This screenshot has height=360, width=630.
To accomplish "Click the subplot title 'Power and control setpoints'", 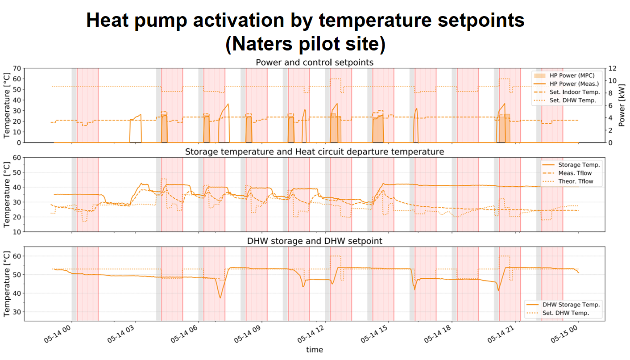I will [x=315, y=63].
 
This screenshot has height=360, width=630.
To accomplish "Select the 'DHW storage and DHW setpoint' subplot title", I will [x=315, y=241].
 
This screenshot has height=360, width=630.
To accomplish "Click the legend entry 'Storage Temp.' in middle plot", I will [x=579, y=165].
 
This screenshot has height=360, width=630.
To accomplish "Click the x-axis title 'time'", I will [x=315, y=350].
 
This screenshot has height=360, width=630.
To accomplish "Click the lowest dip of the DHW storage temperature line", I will [x=220, y=297].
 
